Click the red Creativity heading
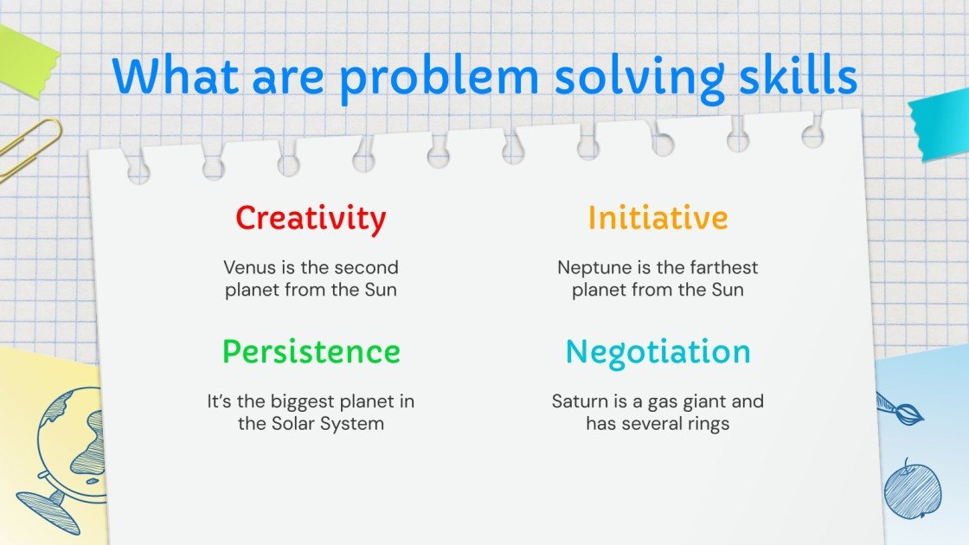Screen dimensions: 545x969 [311, 218]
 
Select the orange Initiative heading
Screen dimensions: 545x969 [658, 218]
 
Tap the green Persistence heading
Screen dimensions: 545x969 [311, 352]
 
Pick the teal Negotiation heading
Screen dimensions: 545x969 [658, 352]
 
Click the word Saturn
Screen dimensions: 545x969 [577, 401]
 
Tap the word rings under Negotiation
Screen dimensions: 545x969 [707, 424]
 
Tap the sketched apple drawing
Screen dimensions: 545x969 [912, 490]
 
